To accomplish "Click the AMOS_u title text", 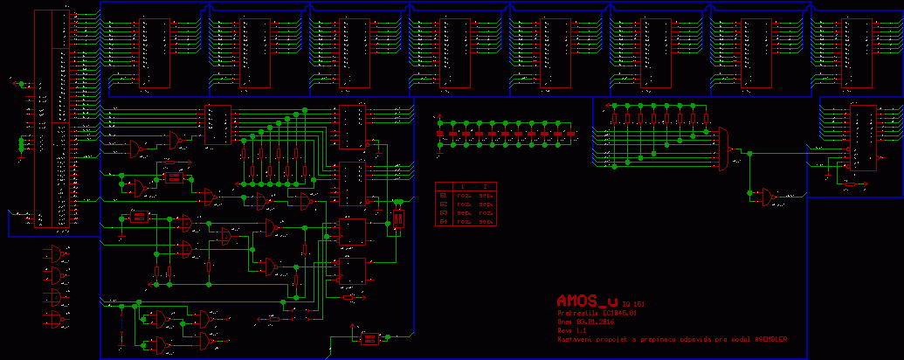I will [587, 300].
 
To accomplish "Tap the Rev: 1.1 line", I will [572, 330].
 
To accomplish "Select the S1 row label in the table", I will [443, 196].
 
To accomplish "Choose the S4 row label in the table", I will [443, 222].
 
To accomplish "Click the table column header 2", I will [485, 186].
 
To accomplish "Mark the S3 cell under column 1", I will [463, 213].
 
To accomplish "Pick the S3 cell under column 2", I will [485, 213].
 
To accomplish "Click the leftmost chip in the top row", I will [156, 52].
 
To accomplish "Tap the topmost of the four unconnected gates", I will [57, 255].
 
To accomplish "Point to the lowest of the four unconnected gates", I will [57, 320].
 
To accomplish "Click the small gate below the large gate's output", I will [769, 197].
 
